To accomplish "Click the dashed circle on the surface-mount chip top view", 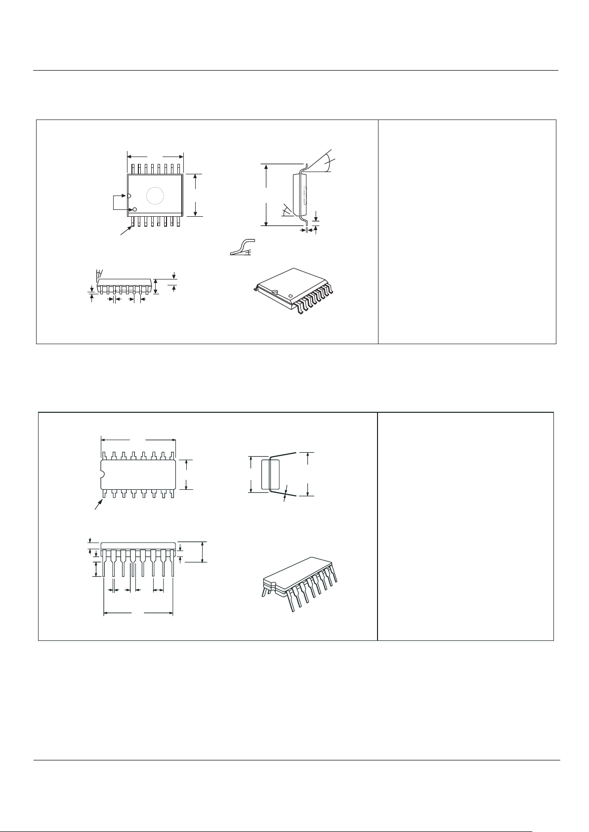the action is pos(155,196).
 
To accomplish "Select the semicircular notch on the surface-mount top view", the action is pos(129,196).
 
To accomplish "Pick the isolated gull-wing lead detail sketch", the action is pos(242,247).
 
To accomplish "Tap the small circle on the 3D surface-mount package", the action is pos(291,297).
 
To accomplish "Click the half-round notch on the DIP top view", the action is pos(102,475).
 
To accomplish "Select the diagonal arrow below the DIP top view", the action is pos(99,505).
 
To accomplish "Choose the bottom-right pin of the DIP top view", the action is pos(173,493).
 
